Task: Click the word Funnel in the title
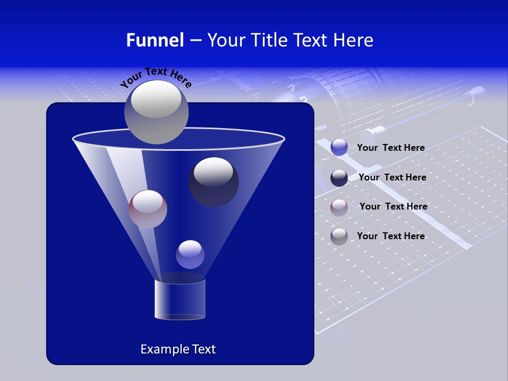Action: click(x=155, y=40)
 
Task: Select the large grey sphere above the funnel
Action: click(x=157, y=112)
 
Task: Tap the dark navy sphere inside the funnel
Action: click(x=213, y=183)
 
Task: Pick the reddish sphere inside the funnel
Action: click(x=148, y=209)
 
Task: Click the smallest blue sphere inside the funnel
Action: click(x=190, y=255)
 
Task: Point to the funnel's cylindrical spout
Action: click(x=180, y=299)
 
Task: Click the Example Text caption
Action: click(x=178, y=349)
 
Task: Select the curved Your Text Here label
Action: click(x=156, y=77)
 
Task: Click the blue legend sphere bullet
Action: click(x=339, y=148)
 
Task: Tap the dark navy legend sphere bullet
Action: click(x=339, y=178)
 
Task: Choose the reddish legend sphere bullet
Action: click(x=339, y=207)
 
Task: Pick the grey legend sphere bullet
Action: click(x=339, y=237)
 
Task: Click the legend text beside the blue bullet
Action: click(x=391, y=148)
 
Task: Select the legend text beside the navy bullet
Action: click(x=392, y=178)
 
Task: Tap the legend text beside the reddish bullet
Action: click(x=393, y=207)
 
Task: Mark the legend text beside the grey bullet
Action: click(x=391, y=237)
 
